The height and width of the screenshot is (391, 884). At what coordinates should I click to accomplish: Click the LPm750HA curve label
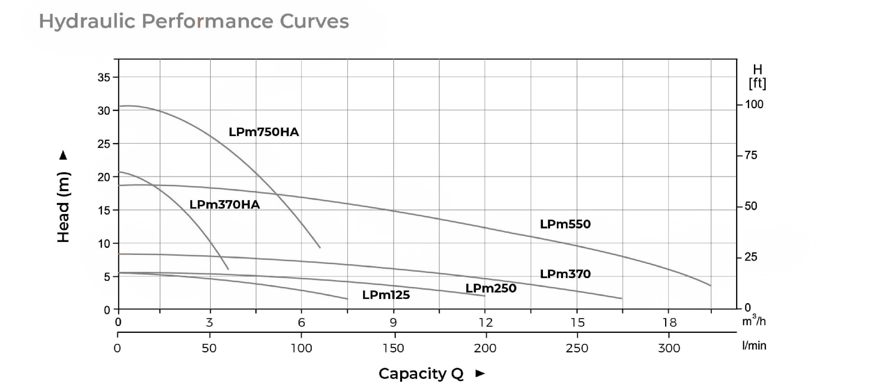[x=264, y=132]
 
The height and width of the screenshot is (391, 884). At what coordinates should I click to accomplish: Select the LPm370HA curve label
[x=225, y=205]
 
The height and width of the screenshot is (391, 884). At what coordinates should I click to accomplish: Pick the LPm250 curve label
[x=491, y=288]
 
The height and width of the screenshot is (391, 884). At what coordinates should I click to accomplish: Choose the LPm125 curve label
[x=386, y=295]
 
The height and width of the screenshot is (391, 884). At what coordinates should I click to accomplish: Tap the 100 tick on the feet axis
[x=754, y=104]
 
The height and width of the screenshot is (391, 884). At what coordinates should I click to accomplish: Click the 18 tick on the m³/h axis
[x=669, y=322]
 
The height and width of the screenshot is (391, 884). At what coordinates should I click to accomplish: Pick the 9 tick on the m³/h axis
[x=393, y=322]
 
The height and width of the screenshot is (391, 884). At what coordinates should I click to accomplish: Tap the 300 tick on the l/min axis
[x=669, y=348]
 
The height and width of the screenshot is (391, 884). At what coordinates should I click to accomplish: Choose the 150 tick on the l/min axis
[x=393, y=348]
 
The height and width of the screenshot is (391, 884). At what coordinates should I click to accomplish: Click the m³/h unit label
[x=754, y=321]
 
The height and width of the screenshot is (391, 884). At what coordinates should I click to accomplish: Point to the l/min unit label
[x=754, y=346]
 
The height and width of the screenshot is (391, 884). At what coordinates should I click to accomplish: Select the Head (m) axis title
[x=63, y=207]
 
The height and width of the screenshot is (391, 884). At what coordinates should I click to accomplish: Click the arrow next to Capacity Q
[x=480, y=373]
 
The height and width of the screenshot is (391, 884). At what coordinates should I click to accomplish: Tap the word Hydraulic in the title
[x=87, y=21]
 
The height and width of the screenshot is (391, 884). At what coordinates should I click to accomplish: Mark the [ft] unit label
[x=757, y=83]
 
